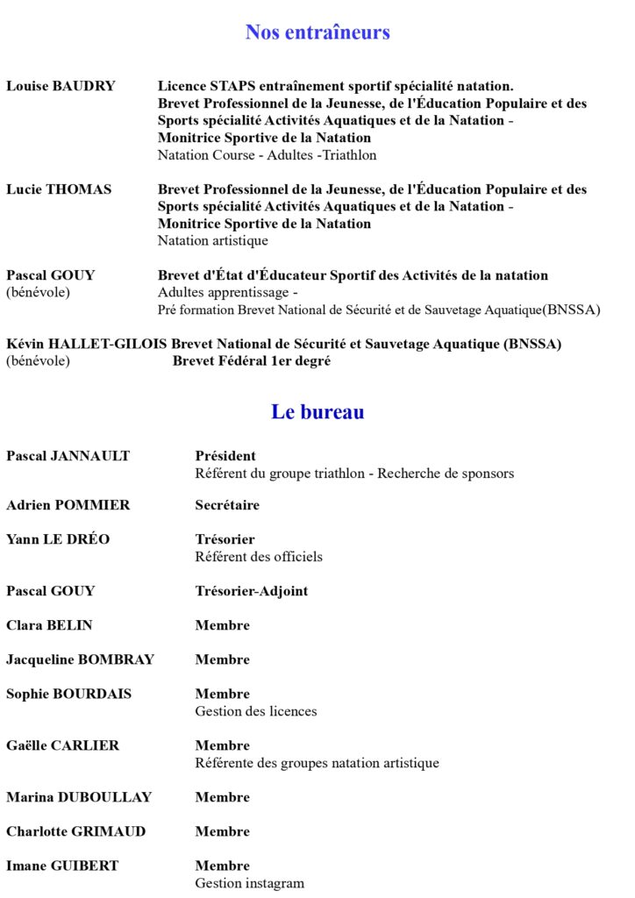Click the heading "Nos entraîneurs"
[x=317, y=32]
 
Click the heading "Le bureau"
[x=317, y=411]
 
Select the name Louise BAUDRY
[x=61, y=86]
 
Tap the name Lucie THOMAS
[x=59, y=189]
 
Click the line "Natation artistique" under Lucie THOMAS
[x=213, y=240]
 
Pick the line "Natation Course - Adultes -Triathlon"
[x=267, y=155]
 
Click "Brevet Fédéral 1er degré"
[x=251, y=360]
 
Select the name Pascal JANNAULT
[x=68, y=456]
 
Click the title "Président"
[x=225, y=456]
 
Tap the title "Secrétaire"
[x=227, y=505]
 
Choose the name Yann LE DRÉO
[x=58, y=539]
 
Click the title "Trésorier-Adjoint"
[x=251, y=591]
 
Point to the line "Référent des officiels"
[x=259, y=557]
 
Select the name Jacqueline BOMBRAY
[x=80, y=659]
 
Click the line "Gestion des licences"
[x=256, y=711]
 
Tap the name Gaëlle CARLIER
[x=62, y=745]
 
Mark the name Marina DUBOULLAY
[x=79, y=797]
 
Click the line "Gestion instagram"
[x=250, y=883]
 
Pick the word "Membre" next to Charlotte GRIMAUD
[x=222, y=831]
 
